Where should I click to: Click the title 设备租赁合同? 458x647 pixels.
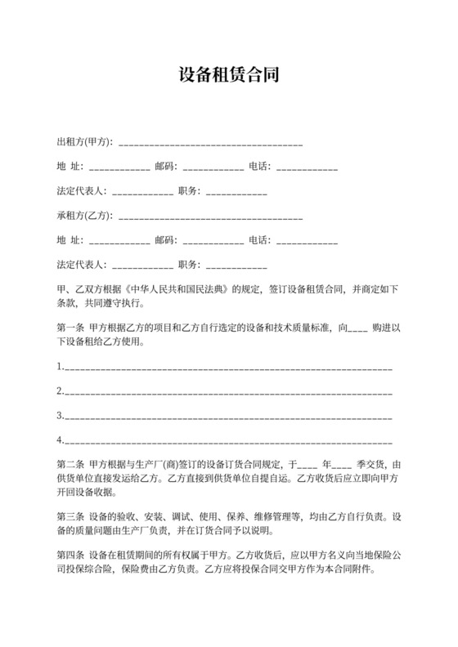pyautogui.click(x=229, y=75)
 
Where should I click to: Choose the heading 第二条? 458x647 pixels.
pyautogui.click(x=70, y=464)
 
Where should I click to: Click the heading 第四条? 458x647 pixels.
pyautogui.click(x=70, y=557)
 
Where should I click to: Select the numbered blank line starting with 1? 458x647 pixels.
pyautogui.click(x=225, y=368)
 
